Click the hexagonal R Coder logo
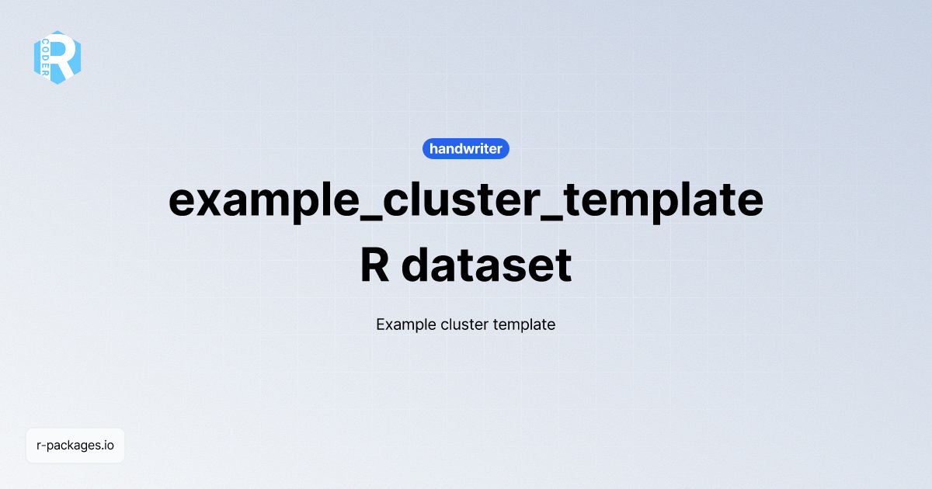(x=57, y=57)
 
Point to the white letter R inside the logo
(x=65, y=57)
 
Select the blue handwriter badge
(x=466, y=148)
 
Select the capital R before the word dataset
(x=375, y=265)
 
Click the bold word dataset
(x=487, y=265)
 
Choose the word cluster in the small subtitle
(x=464, y=324)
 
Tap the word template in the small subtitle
(x=524, y=324)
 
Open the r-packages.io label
(x=75, y=446)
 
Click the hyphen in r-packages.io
(x=43, y=446)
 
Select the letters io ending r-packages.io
(x=109, y=446)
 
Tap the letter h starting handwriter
(x=433, y=148)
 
